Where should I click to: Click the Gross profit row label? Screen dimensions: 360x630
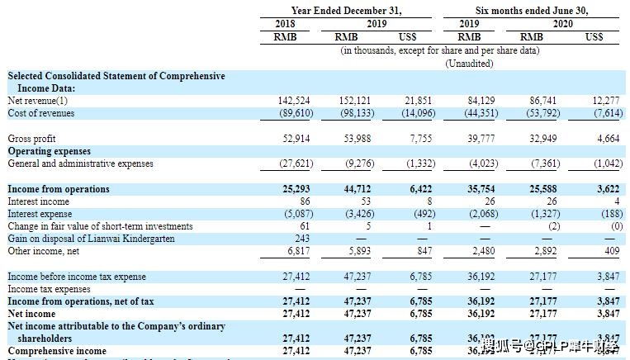[31, 139]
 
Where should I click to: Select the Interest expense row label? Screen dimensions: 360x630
[39, 214]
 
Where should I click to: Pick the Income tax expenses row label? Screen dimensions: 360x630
[49, 289]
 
